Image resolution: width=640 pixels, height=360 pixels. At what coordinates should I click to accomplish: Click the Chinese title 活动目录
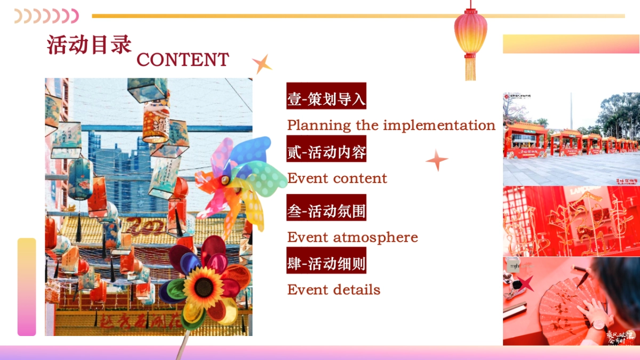pyautogui.click(x=89, y=45)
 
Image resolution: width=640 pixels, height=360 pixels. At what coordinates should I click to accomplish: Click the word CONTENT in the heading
pyautogui.click(x=182, y=60)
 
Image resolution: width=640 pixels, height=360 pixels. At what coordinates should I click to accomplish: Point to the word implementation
pyautogui.click(x=439, y=125)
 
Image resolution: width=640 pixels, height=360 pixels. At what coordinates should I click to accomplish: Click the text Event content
pyautogui.click(x=337, y=178)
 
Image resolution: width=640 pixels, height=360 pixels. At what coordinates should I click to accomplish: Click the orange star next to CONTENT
pyautogui.click(x=261, y=64)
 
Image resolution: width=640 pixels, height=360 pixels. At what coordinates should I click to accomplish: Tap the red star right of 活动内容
pyautogui.click(x=437, y=160)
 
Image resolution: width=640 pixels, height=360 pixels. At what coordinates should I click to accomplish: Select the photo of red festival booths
pyautogui.click(x=571, y=139)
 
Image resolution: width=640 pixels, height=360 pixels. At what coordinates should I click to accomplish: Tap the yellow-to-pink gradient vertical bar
pyautogui.click(x=27, y=287)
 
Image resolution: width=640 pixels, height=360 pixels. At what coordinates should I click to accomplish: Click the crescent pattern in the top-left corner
pyautogui.click(x=46, y=16)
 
